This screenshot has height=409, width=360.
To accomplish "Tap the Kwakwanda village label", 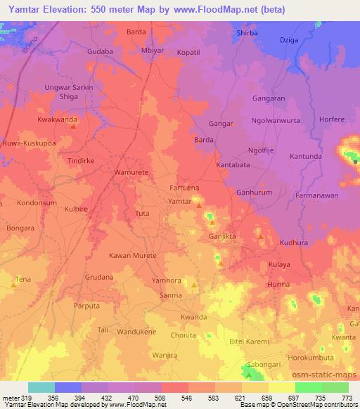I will (57, 120).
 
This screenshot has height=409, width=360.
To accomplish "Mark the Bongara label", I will (20, 228).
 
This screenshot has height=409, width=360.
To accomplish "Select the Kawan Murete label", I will (132, 255).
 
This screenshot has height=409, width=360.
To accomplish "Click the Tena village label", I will (23, 279).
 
